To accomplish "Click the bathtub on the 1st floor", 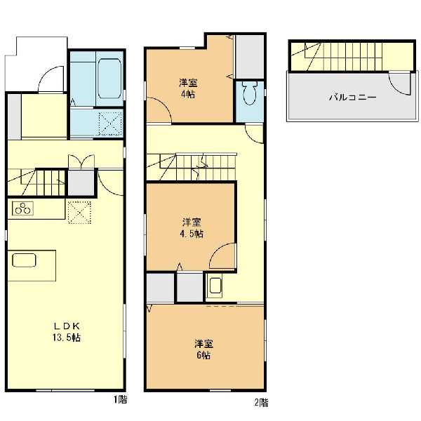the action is [109, 78].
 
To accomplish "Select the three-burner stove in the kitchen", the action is [22, 208].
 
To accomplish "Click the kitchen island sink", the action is [24, 260].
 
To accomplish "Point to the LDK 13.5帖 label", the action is [67, 332].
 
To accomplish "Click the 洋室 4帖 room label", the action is [188, 88].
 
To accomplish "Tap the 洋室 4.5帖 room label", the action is [192, 228].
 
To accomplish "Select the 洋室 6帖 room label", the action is [203, 349].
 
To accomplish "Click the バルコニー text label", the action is [352, 97].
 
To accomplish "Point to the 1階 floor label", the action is [119, 400].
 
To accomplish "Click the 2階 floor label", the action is [261, 403].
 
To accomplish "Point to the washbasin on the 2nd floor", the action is [215, 286].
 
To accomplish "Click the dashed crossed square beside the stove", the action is [79, 213].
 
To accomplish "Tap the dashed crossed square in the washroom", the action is [110, 123].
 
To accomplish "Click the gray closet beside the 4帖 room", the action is [249, 57].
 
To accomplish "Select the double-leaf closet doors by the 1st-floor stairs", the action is [81, 161].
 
